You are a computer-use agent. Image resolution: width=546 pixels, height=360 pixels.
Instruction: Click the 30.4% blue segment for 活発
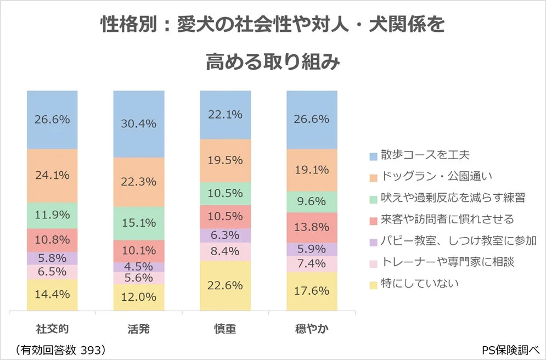point(138,124)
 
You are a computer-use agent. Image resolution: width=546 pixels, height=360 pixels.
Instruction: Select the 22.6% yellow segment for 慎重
point(225,285)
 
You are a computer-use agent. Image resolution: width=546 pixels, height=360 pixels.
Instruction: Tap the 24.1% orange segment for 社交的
point(52,176)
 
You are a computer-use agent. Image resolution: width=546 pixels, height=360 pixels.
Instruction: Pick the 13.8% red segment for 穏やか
point(312,227)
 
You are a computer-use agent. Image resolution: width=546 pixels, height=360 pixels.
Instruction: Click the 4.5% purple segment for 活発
point(138,267)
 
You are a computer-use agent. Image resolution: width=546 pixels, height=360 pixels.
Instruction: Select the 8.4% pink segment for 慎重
point(225,252)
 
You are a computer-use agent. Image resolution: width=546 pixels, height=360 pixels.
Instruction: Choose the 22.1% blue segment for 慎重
point(225,114)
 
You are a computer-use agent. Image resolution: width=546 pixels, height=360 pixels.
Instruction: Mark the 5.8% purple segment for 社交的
point(52,258)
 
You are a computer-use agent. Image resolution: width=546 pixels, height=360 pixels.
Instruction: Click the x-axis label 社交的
point(52,329)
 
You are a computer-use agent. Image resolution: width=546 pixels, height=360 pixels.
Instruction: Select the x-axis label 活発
point(138,329)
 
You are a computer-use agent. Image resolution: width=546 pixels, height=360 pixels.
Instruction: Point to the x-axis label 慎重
point(225,329)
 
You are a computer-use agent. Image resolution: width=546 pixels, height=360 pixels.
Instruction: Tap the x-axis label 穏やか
point(312,329)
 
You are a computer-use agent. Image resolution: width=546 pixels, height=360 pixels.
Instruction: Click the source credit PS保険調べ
point(511,350)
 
